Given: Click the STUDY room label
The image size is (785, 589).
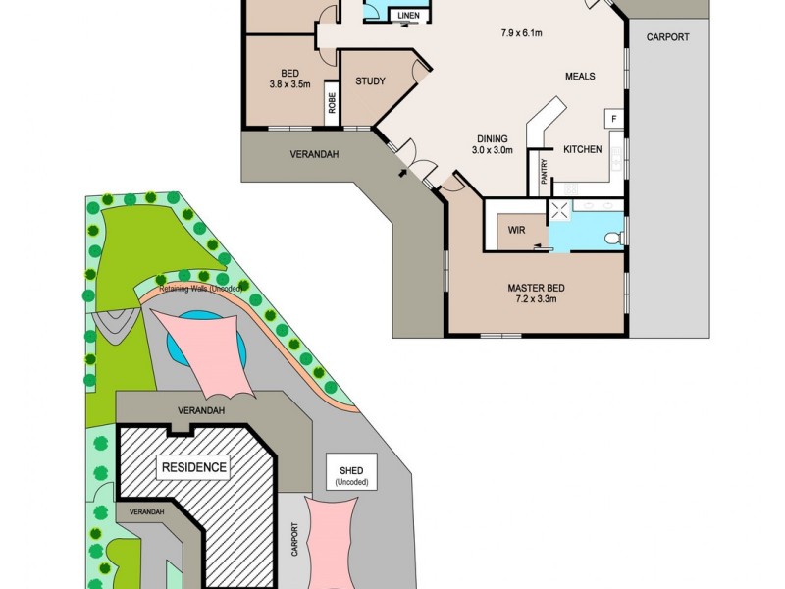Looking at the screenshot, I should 370,81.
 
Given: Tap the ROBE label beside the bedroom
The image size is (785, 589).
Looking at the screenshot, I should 333,105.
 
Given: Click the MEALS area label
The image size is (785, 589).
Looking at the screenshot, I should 580,77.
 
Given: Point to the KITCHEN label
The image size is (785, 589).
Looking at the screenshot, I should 582,149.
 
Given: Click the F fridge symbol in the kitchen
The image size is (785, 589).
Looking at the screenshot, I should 614,119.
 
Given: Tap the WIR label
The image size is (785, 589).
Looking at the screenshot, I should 517,230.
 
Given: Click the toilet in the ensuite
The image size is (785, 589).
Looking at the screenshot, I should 612,237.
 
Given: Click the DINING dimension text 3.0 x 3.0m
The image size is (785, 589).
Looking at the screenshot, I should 493,150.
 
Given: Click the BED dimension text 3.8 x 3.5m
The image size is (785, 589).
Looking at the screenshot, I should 289,84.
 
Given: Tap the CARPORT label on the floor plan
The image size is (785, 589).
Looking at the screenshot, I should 667,37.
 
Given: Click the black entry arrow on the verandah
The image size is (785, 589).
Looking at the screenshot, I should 401,174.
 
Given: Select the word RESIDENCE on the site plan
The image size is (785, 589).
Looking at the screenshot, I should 193,468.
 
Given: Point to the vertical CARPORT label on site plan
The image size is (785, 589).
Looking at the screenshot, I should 293,539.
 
